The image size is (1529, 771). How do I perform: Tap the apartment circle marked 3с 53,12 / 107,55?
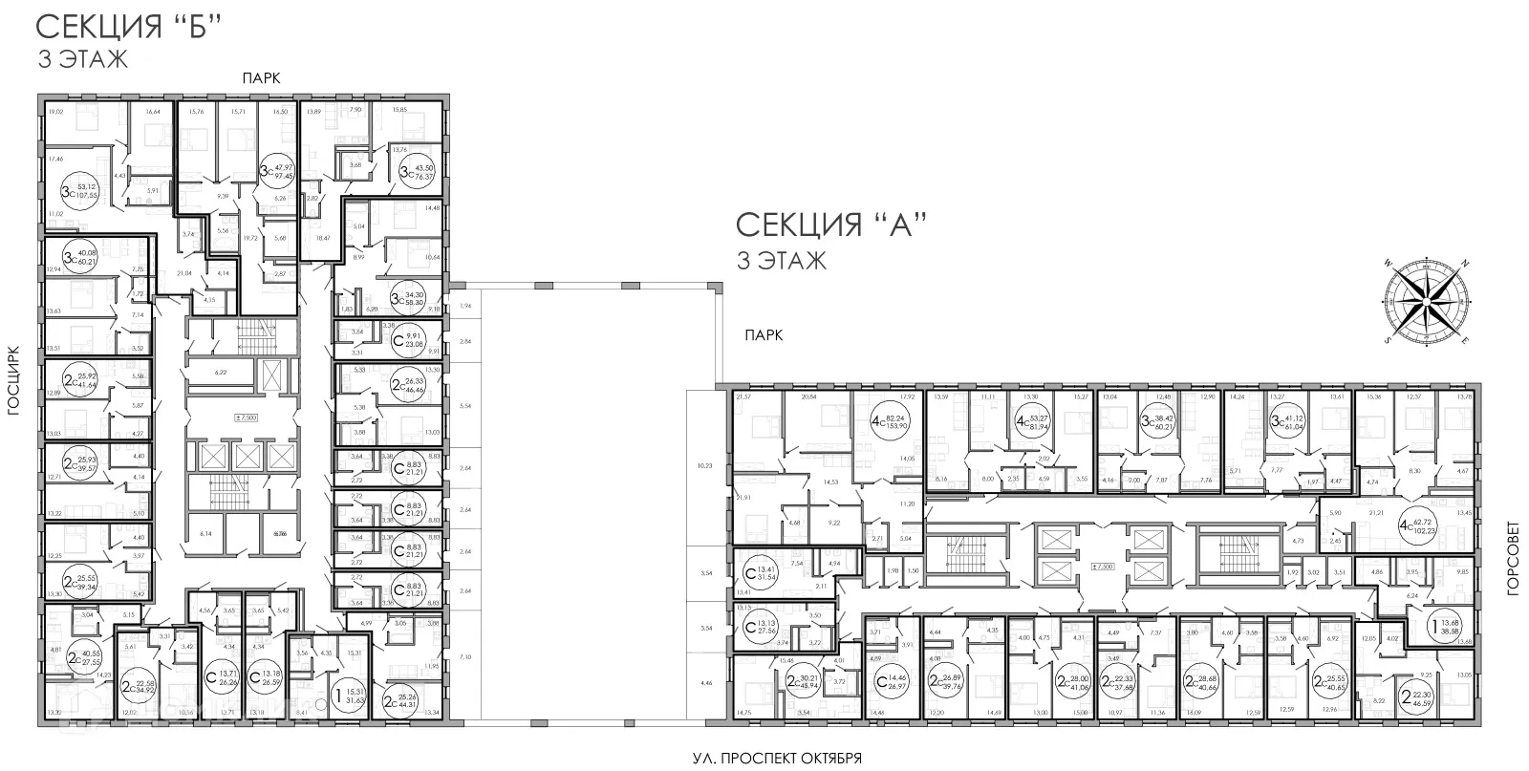click(80, 181)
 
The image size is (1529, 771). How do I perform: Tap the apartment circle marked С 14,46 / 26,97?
click(893, 682)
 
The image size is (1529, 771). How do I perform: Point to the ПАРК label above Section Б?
click(260, 79)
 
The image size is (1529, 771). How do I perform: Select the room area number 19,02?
click(54, 112)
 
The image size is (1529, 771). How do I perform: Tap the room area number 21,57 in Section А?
click(743, 396)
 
